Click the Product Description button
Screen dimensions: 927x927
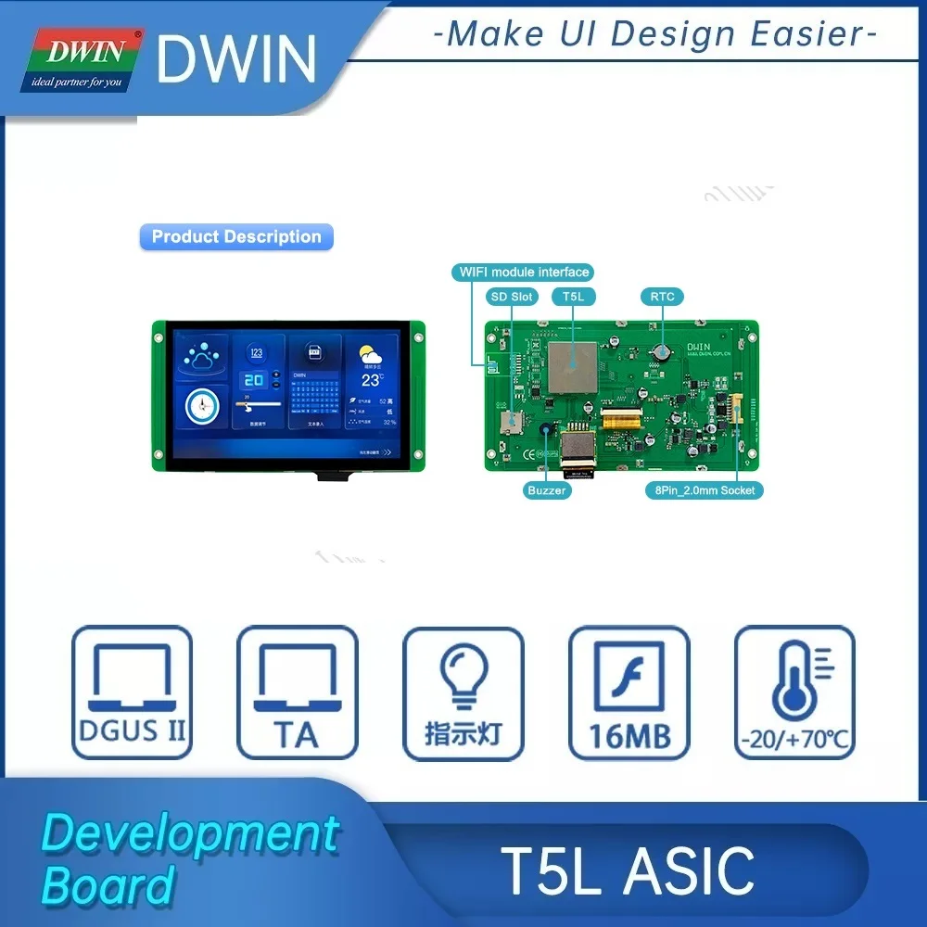pyautogui.click(x=235, y=237)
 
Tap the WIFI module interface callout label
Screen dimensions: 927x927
pyautogui.click(x=524, y=272)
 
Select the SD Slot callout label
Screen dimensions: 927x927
pyautogui.click(x=512, y=297)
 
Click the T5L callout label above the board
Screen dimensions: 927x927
pyautogui.click(x=574, y=297)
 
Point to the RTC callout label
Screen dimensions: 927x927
pyautogui.click(x=662, y=297)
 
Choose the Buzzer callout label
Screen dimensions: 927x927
pyautogui.click(x=546, y=489)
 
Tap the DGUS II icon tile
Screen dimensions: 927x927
pyautogui.click(x=132, y=692)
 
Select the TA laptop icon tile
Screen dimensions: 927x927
pyautogui.click(x=297, y=692)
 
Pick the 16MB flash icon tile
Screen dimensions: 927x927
pyautogui.click(x=629, y=692)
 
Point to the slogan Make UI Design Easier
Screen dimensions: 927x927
pyautogui.click(x=654, y=35)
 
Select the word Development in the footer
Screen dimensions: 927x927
pyautogui.click(x=190, y=832)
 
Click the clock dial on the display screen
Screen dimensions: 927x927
pyautogui.click(x=201, y=405)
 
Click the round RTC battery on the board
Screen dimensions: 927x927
pyautogui.click(x=661, y=352)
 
